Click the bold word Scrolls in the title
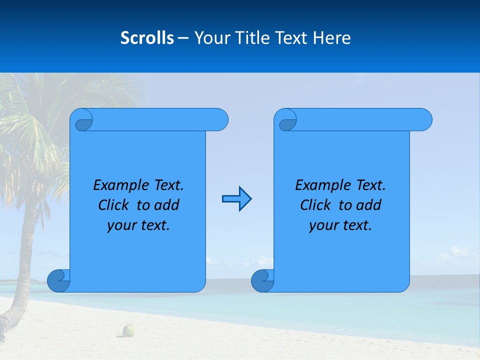click(x=147, y=38)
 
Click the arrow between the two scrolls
click(x=236, y=199)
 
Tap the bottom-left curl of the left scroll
click(x=58, y=280)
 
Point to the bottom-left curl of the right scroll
click(x=262, y=280)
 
